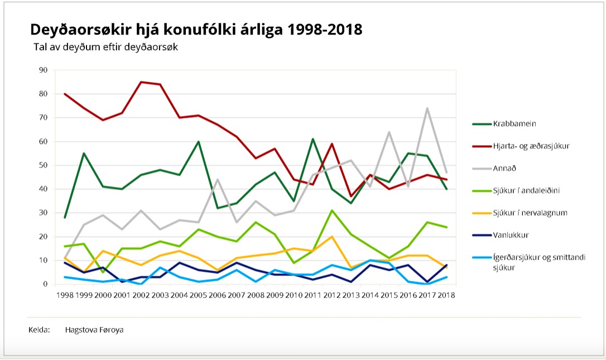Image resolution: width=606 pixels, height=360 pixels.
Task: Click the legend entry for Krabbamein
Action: (x=511, y=123)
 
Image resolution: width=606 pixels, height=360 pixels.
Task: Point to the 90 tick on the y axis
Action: (x=44, y=70)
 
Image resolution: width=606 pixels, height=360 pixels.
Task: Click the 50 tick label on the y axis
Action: (x=44, y=165)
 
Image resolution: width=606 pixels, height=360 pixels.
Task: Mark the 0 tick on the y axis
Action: (x=46, y=284)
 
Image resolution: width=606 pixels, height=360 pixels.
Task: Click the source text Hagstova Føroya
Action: (x=94, y=330)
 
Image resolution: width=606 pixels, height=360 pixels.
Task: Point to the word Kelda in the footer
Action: (x=39, y=330)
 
